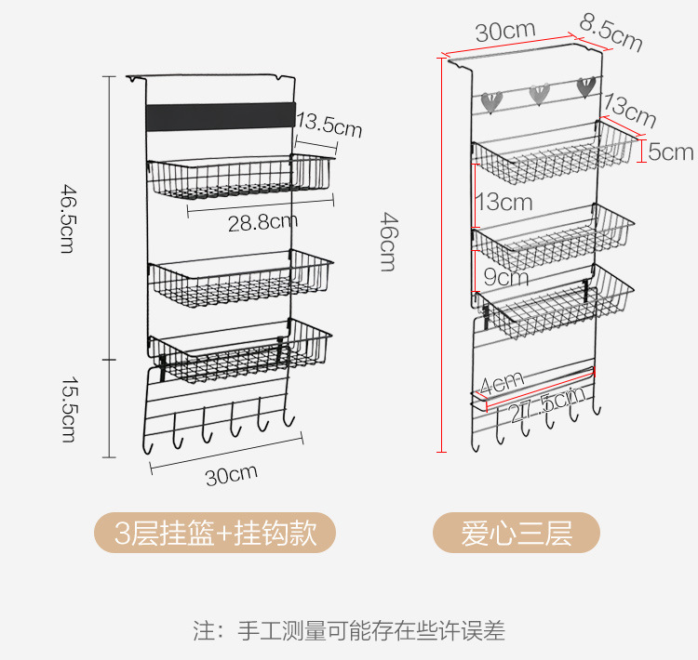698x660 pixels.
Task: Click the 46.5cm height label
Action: [x=68, y=219]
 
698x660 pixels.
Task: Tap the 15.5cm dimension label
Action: [x=68, y=408]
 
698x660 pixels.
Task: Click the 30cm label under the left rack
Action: [x=231, y=476]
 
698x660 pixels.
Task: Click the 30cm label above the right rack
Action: [x=505, y=31]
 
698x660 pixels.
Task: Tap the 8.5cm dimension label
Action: [x=611, y=33]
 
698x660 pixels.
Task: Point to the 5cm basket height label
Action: [x=670, y=152]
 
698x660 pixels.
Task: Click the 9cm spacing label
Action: [x=505, y=276]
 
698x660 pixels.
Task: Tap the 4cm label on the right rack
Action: [x=503, y=381]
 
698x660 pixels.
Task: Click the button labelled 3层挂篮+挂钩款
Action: [x=215, y=534]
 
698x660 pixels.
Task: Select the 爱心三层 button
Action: [x=516, y=534]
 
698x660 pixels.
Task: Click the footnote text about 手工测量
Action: [x=349, y=631]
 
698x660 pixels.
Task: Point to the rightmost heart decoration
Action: [x=585, y=87]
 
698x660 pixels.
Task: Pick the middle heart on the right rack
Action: [x=539, y=93]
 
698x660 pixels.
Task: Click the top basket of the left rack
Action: [x=240, y=177]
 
